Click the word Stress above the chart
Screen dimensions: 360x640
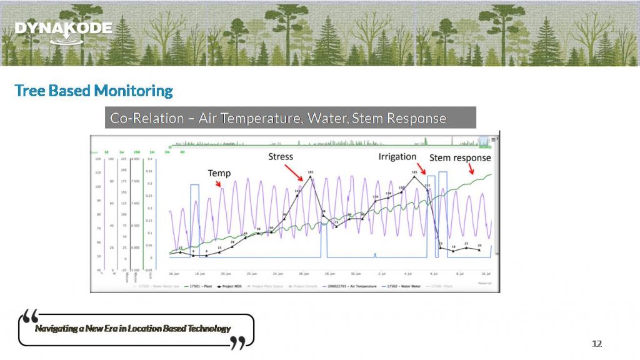[281, 156]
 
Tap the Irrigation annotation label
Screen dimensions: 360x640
[397, 156]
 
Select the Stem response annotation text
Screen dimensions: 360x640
[460, 158]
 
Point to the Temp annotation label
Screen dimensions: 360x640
[219, 173]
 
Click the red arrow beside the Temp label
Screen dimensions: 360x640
[218, 184]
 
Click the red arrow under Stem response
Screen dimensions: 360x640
[472, 169]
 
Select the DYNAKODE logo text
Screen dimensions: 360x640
[63, 28]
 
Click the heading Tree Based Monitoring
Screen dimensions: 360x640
[94, 91]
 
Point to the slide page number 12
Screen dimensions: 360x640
[597, 344]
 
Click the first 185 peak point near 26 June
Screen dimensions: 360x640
[310, 177]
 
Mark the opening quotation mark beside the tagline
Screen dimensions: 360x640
[29, 316]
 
